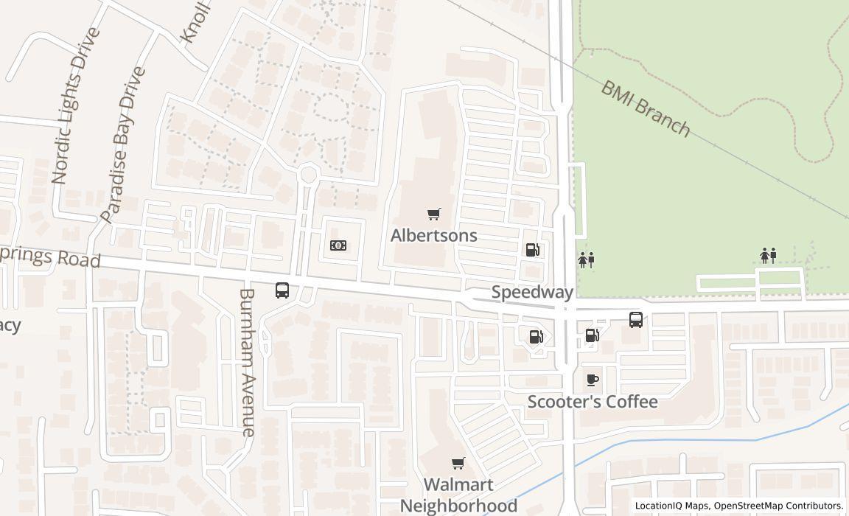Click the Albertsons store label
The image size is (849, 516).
click(x=433, y=235)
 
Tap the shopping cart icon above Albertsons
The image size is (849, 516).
click(x=434, y=215)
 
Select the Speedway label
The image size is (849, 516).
click(x=532, y=292)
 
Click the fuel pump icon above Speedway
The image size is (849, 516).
click(x=533, y=250)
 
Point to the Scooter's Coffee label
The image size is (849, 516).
click(x=593, y=402)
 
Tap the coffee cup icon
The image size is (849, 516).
click(x=592, y=380)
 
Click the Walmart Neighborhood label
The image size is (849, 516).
click(x=458, y=495)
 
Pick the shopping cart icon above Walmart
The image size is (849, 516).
click(x=458, y=464)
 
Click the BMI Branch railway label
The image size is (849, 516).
click(x=646, y=109)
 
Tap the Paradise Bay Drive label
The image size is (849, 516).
click(x=122, y=144)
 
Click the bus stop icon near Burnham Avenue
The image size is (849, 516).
click(x=282, y=290)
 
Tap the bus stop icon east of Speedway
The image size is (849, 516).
click(x=636, y=320)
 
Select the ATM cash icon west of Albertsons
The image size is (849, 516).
click(x=338, y=245)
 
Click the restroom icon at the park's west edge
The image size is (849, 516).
click(x=586, y=259)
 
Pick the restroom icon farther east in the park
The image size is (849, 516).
click(x=768, y=256)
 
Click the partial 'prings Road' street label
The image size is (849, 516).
click(x=49, y=257)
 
